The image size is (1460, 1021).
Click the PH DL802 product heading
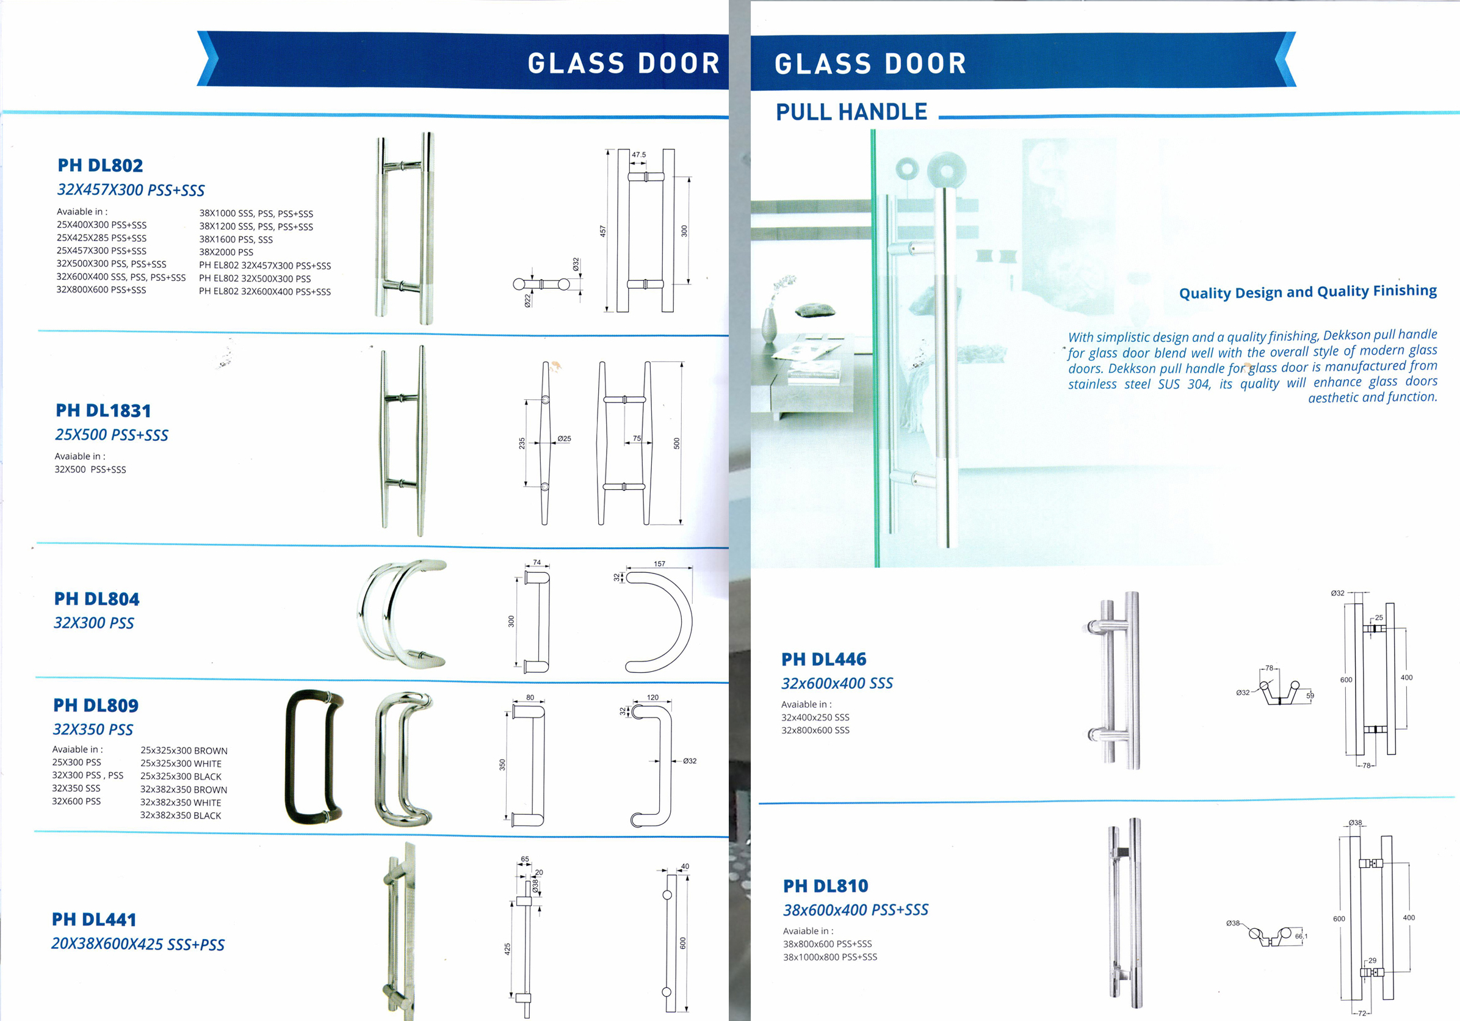pyautogui.click(x=100, y=165)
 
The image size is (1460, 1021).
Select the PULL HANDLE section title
pyautogui.click(x=851, y=112)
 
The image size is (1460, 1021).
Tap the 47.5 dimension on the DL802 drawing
pyautogui.click(x=638, y=154)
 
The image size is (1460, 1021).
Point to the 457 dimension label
pyautogui.click(x=603, y=231)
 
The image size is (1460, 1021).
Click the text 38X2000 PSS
pyautogui.click(x=226, y=253)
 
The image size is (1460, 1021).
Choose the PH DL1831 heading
pyautogui.click(x=103, y=411)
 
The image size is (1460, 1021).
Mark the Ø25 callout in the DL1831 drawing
pyautogui.click(x=563, y=439)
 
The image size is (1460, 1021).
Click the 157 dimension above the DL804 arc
pyautogui.click(x=659, y=564)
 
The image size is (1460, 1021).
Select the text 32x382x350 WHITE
pyautogui.click(x=181, y=803)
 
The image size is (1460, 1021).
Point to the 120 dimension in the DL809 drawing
pyautogui.click(x=652, y=697)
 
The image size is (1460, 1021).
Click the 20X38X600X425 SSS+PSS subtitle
pyautogui.click(x=138, y=945)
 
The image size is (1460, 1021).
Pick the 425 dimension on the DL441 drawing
pyautogui.click(x=507, y=948)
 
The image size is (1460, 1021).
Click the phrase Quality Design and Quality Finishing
pyautogui.click(x=1307, y=292)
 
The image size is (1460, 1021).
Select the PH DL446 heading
pyautogui.click(x=823, y=659)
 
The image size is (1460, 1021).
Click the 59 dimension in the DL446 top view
pyautogui.click(x=1310, y=696)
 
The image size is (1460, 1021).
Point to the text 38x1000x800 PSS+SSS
pyautogui.click(x=830, y=957)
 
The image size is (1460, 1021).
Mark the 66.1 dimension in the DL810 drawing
pyautogui.click(x=1301, y=936)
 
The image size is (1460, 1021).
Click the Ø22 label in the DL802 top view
pyautogui.click(x=527, y=300)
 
